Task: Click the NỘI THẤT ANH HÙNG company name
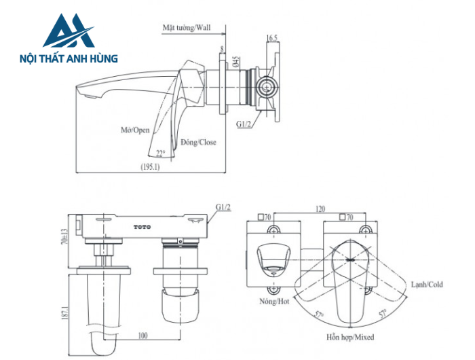[69, 59]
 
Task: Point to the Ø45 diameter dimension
[235, 62]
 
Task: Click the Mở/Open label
[131, 130]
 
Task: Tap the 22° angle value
[160, 154]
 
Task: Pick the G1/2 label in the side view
[245, 124]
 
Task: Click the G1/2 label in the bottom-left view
[223, 206]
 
